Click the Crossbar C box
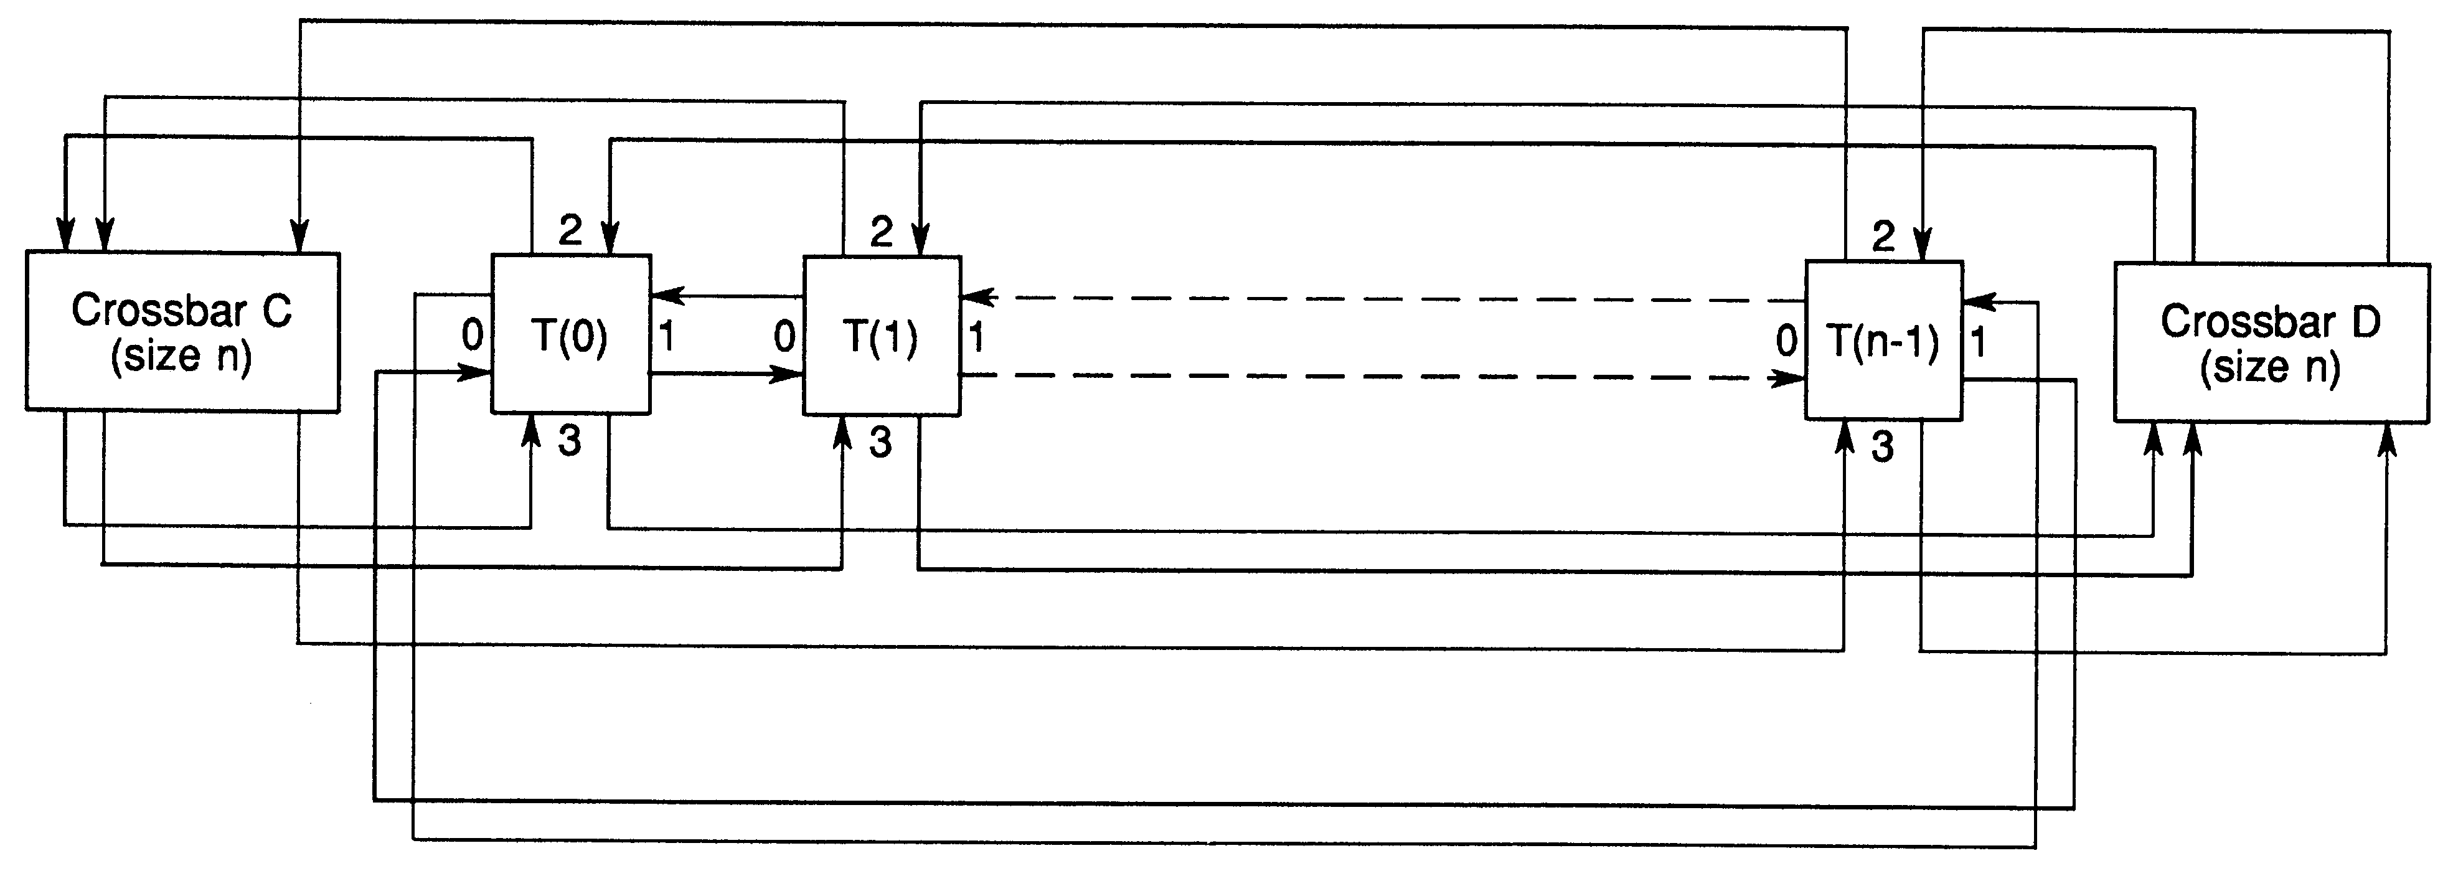182,332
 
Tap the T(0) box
570,335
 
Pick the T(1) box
882,336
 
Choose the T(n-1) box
1883,341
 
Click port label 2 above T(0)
570,230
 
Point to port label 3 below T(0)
570,441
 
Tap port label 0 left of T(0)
473,335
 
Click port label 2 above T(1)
882,232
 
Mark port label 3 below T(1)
881,443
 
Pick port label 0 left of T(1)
784,336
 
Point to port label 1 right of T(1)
976,337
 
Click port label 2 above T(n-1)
1883,236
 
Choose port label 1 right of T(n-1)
1979,342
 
